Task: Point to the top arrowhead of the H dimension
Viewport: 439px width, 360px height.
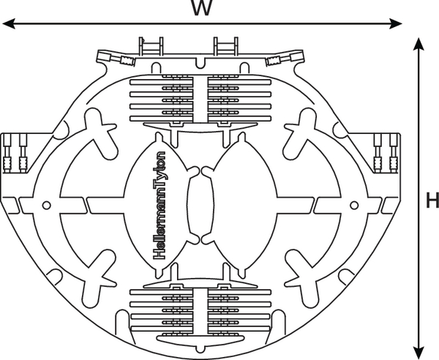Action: pos(418,45)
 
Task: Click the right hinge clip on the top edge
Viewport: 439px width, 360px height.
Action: pos(225,47)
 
